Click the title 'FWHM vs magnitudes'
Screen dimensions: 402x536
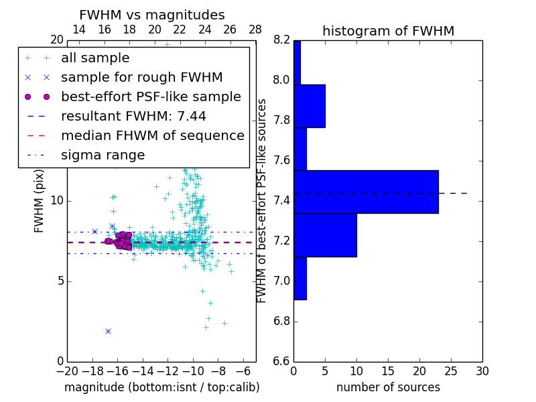pyautogui.click(x=151, y=15)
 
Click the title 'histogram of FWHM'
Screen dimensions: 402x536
pyautogui.click(x=388, y=31)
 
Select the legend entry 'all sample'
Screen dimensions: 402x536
pyautogui.click(x=95, y=58)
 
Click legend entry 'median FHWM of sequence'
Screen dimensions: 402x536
pyautogui.click(x=152, y=135)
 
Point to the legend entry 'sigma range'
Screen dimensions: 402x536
pyautogui.click(x=103, y=155)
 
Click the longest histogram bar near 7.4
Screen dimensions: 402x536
pyautogui.click(x=366, y=192)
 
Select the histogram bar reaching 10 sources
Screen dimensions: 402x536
pyautogui.click(x=325, y=234)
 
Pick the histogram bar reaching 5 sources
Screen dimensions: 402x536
pyautogui.click(x=310, y=106)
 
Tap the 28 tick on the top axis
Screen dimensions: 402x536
pyautogui.click(x=255, y=29)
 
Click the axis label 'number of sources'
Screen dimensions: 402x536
pyautogui.click(x=388, y=387)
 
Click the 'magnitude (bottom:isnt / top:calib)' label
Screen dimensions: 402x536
pyautogui.click(x=161, y=387)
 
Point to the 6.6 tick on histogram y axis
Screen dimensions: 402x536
pyautogui.click(x=281, y=361)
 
